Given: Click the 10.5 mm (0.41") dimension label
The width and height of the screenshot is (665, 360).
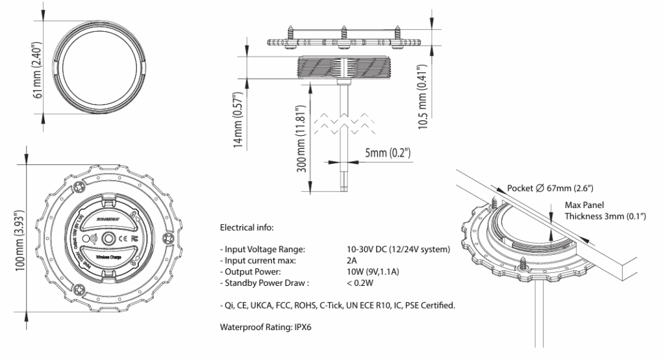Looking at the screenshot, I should [423, 96].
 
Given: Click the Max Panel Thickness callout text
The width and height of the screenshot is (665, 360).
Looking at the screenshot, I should [593, 211].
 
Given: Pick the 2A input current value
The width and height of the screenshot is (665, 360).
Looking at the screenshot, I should [352, 260].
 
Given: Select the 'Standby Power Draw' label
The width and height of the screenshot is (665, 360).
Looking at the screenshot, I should [265, 282].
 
